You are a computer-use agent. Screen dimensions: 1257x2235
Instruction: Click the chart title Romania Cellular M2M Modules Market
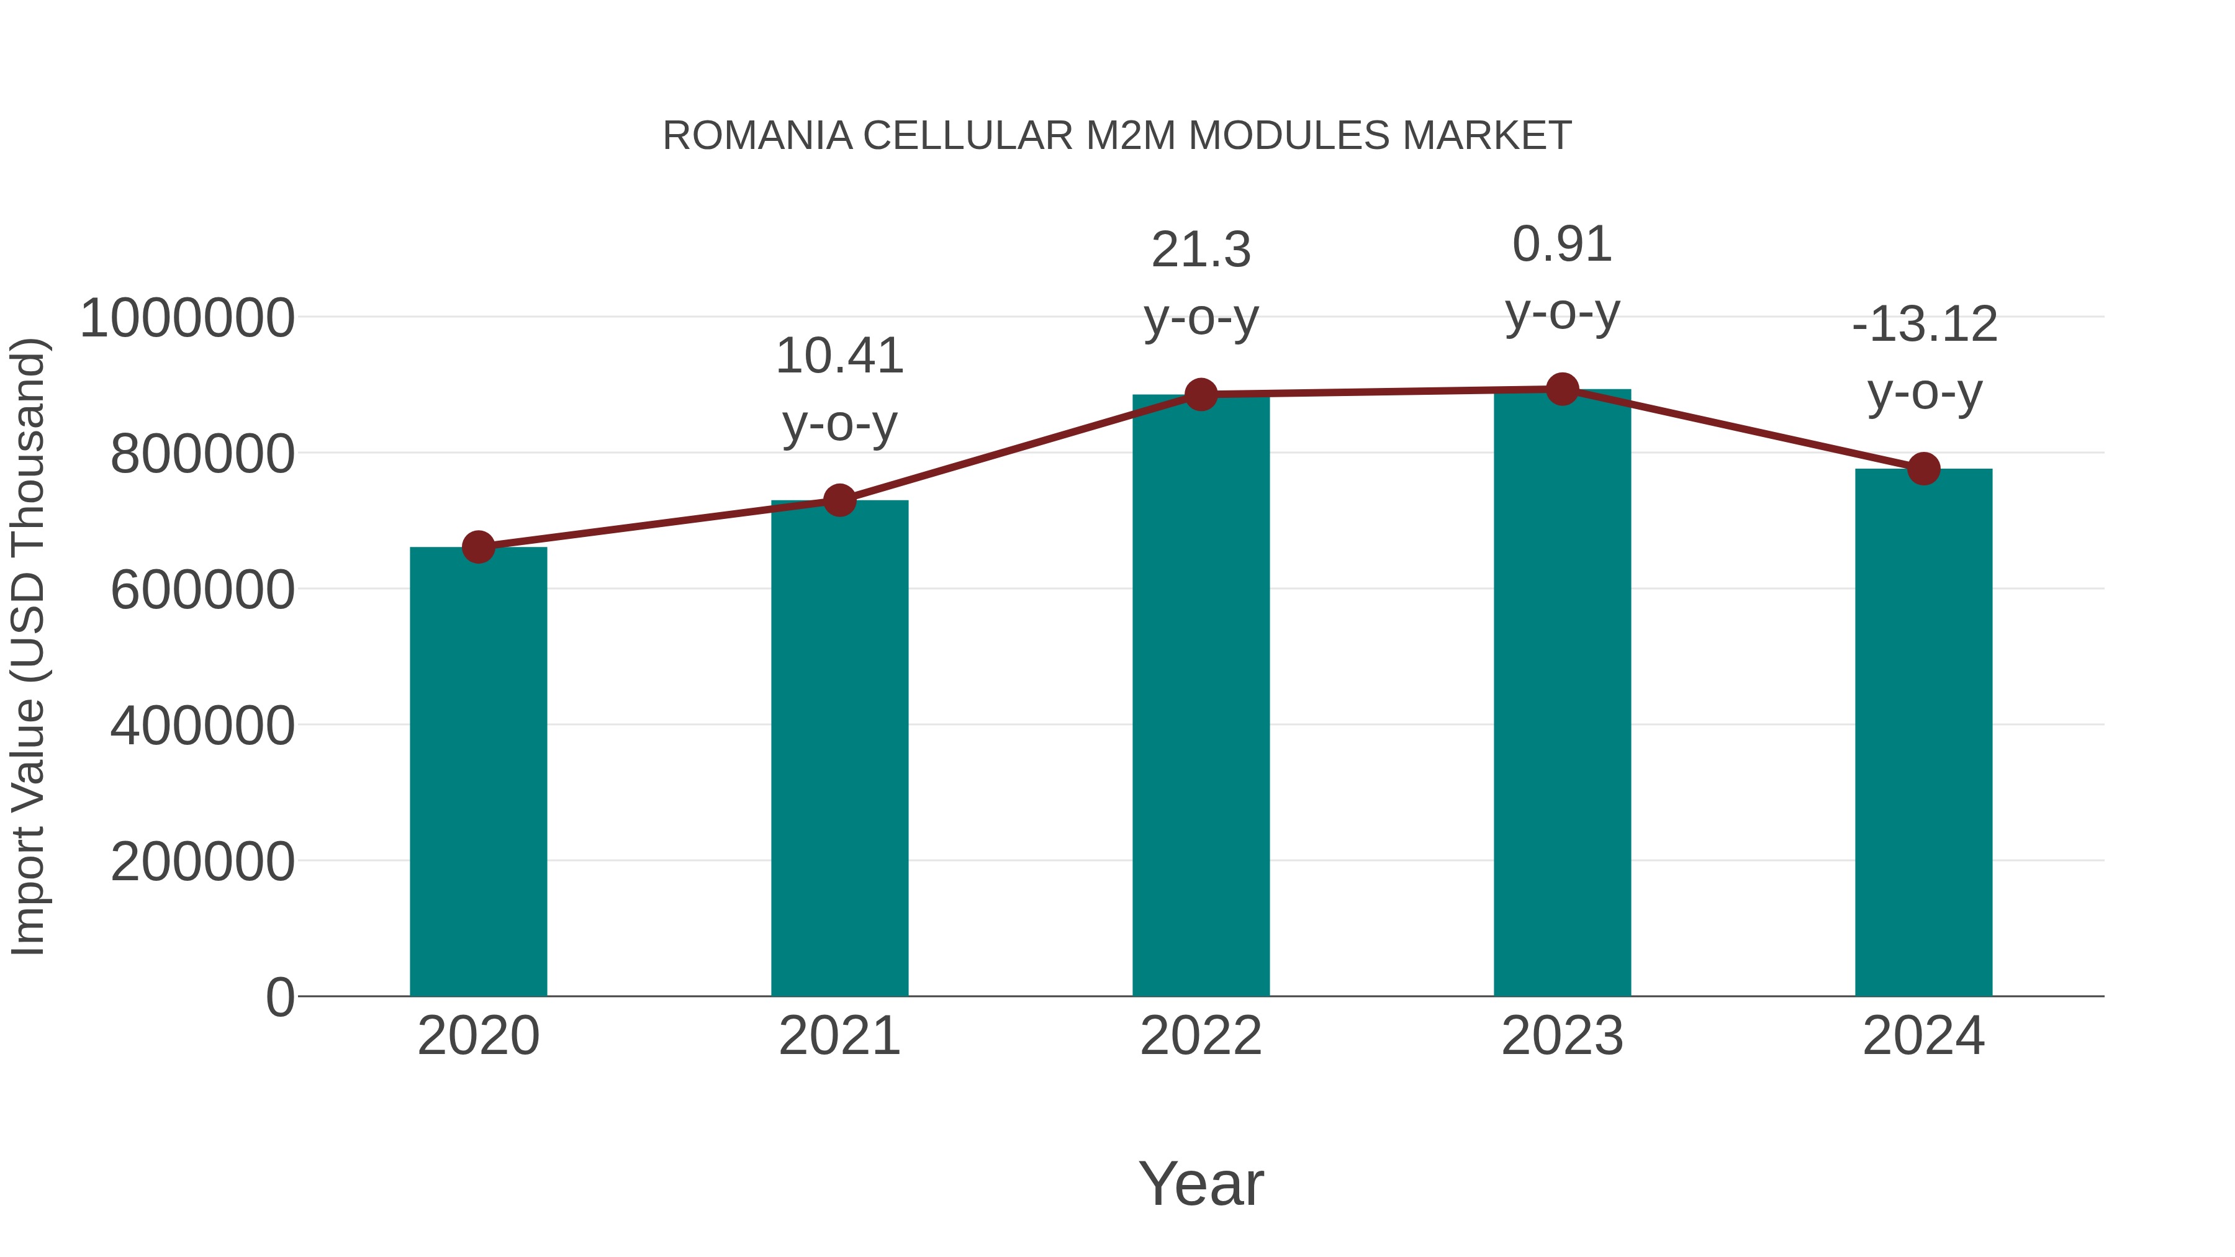[1117, 136]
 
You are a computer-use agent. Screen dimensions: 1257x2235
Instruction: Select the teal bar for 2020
[478, 772]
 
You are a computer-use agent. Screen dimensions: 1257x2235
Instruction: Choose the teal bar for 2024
[1923, 732]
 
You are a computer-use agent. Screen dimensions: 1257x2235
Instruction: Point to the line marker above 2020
[478, 547]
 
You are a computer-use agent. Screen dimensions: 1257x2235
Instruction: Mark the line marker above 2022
[1201, 395]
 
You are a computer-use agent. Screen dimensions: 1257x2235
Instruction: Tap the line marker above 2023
[1562, 389]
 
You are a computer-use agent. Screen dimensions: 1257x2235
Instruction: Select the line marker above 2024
[1923, 469]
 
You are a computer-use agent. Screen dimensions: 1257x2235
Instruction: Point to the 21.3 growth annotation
[1201, 284]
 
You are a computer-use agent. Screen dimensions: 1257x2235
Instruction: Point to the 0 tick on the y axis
[279, 997]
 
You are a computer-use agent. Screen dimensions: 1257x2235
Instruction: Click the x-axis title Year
[1201, 1183]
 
